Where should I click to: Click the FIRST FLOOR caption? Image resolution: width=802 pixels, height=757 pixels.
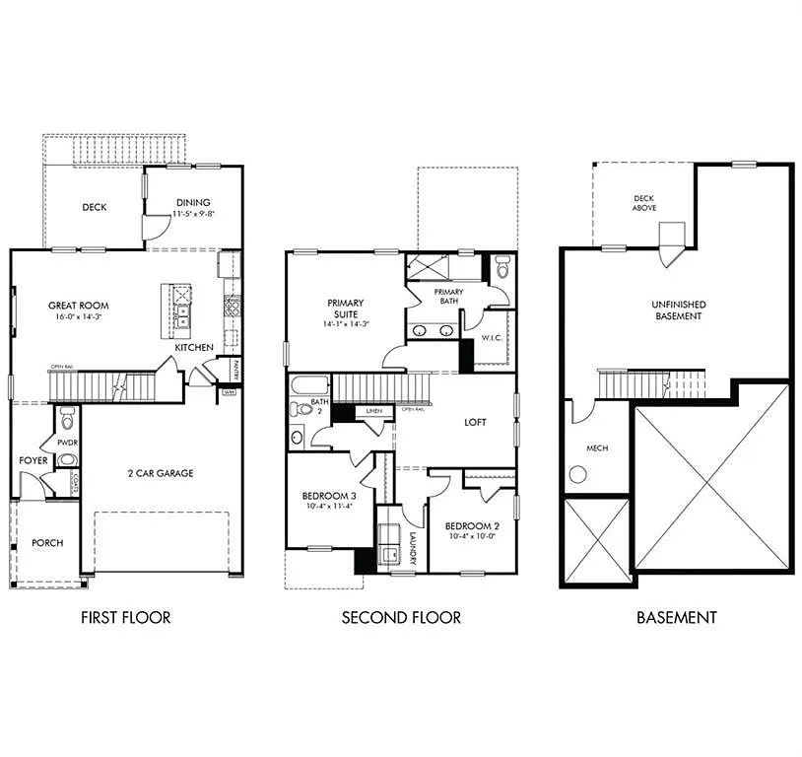pos(126,618)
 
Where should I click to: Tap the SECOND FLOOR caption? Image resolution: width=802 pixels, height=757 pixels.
pos(401,618)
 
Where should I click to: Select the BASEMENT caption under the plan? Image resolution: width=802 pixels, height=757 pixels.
pos(676,618)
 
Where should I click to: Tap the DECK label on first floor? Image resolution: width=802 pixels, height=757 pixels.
pos(95,207)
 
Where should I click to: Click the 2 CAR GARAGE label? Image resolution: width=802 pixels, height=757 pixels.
pos(161,473)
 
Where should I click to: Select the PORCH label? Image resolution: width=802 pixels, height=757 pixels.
pos(47,543)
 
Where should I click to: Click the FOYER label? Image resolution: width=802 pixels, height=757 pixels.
pos(33,460)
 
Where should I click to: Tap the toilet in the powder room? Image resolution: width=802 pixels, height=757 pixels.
pos(67,415)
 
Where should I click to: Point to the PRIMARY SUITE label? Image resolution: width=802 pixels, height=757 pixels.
pos(347,309)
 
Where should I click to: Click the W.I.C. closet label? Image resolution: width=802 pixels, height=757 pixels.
pos(492,339)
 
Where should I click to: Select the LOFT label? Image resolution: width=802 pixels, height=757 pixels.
pos(476,421)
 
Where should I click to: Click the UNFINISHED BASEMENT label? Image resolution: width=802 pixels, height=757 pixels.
pos(678,310)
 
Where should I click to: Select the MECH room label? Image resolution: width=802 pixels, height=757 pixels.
pos(597,448)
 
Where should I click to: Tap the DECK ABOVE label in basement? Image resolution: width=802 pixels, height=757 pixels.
pos(643,203)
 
